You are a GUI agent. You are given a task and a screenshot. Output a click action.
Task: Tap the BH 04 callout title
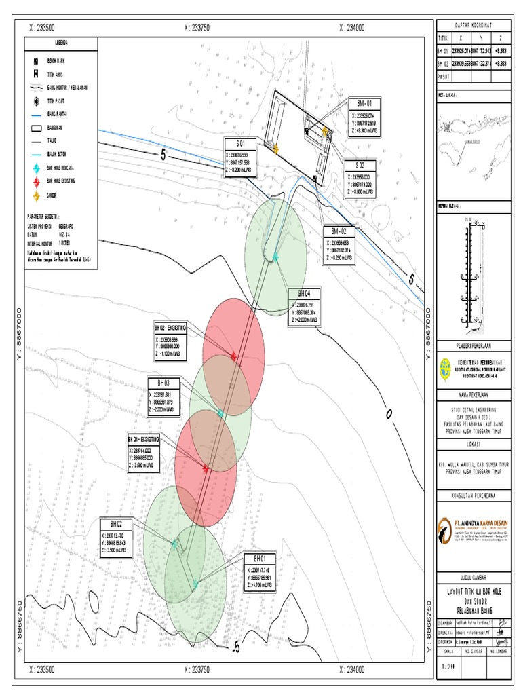point(304,294)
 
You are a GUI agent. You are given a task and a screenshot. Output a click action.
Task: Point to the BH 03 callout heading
point(163,383)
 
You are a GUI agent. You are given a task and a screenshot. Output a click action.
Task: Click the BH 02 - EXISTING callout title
point(170,327)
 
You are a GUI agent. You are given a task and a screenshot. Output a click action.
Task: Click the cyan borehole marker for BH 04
point(275,256)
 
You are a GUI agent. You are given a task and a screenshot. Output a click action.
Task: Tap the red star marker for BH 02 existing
point(233,356)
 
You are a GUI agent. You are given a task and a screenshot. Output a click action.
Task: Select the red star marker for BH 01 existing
point(206,467)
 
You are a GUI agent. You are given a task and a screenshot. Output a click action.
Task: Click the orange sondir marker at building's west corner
point(276,149)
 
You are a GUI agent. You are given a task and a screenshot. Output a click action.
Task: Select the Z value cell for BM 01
point(501,50)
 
